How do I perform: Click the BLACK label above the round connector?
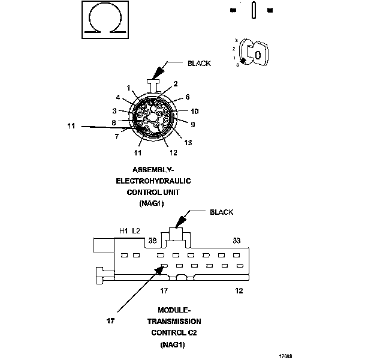(199, 63)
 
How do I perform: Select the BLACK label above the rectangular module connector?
(222, 212)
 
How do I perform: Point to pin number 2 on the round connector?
(176, 84)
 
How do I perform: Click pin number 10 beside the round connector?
(195, 112)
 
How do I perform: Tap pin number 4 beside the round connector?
(118, 98)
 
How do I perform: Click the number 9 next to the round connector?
(193, 125)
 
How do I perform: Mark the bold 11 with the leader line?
(71, 126)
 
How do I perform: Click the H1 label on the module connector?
(123, 231)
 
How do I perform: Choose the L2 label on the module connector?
(137, 231)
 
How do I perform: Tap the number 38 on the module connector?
(152, 241)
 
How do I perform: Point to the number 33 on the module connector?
(237, 241)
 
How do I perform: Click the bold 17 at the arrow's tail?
(110, 321)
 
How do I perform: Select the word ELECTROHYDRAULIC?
(157, 181)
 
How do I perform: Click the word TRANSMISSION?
(174, 321)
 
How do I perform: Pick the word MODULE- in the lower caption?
(174, 310)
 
